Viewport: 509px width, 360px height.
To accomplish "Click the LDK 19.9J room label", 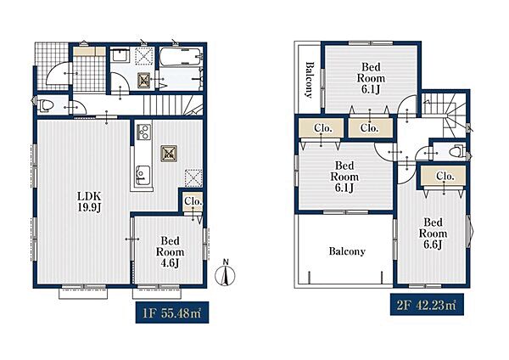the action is click(89, 201).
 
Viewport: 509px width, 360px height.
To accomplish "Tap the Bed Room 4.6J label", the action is click(170, 252).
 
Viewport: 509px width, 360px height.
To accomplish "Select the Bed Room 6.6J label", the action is click(433, 233).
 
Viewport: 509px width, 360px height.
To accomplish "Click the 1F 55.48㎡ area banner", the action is click(172, 313).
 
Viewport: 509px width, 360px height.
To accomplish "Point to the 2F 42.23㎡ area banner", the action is click(427, 305).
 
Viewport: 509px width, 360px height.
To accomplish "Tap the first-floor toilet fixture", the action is click(45, 106).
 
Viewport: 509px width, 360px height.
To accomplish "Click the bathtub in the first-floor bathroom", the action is click(181, 57).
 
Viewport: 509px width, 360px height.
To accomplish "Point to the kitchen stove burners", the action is click(143, 132).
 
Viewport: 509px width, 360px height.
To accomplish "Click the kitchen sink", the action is click(143, 176).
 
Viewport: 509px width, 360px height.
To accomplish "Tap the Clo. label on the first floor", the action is click(193, 201).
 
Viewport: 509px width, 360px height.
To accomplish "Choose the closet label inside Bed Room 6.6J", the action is click(445, 177).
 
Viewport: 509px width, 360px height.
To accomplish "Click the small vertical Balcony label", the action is click(310, 80).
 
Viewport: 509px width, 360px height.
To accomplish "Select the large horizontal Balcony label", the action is click(347, 251).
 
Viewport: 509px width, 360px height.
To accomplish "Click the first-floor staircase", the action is click(173, 104).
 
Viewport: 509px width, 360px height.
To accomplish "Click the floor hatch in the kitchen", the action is click(169, 154).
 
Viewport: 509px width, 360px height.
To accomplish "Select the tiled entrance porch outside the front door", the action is click(52, 66).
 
